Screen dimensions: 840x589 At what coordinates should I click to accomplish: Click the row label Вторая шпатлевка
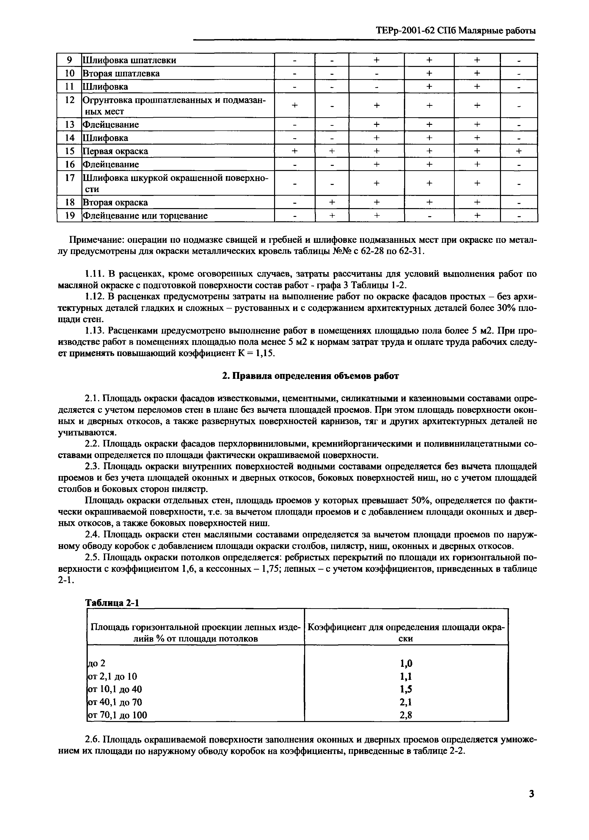121,74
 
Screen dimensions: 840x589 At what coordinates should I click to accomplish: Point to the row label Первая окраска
115,151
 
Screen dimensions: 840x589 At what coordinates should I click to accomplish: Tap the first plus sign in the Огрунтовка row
294,105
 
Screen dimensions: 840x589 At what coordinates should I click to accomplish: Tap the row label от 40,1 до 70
115,702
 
